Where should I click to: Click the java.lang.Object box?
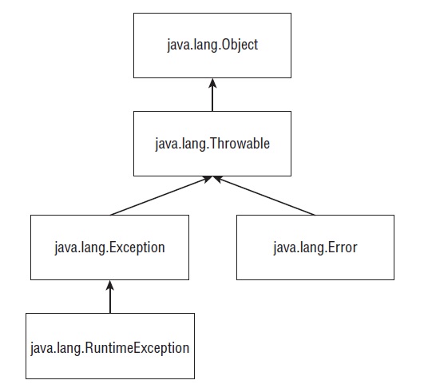[x=212, y=46]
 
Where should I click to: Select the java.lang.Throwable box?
[x=212, y=144]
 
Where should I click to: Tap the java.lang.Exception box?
[x=109, y=247]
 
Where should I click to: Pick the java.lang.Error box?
[x=315, y=247]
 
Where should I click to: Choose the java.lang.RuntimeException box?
[x=110, y=346]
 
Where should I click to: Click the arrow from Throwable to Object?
[x=212, y=95]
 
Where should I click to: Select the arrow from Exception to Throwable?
[x=161, y=196]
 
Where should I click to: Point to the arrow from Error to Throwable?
[x=264, y=196]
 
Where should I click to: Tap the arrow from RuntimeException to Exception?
[x=110, y=297]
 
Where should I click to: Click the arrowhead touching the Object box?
[x=212, y=83]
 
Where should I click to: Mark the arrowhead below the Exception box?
[x=110, y=285]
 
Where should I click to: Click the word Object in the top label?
[x=240, y=46]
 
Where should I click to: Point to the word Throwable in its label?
[x=240, y=144]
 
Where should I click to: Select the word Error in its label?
[x=343, y=247]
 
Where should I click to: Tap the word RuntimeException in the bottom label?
[x=137, y=348]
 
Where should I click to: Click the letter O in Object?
[x=225, y=45]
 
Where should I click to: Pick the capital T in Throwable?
[x=213, y=144]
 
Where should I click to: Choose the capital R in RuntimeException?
[x=89, y=347]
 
